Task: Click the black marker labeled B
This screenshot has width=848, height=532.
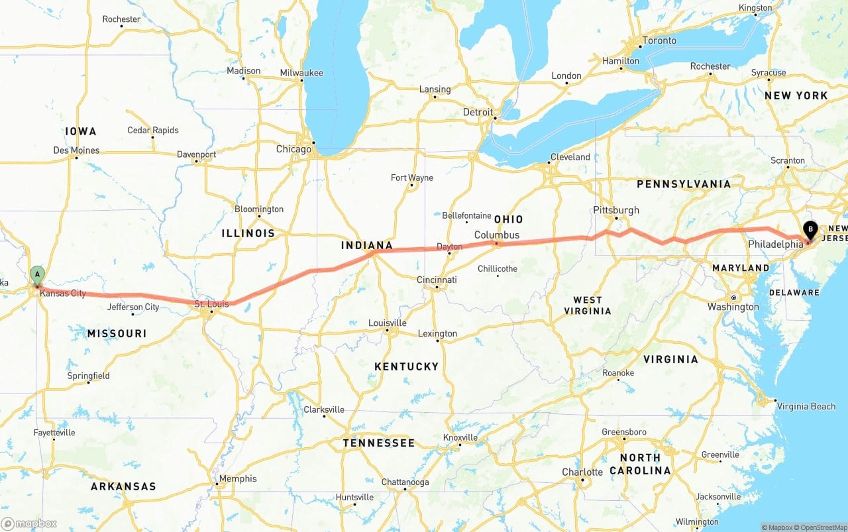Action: tap(810, 230)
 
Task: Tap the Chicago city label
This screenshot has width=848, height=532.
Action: tap(293, 149)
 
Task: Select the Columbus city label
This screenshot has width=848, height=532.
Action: tap(497, 235)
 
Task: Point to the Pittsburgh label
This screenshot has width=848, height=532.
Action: tap(616, 210)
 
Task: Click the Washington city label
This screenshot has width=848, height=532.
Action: tap(733, 307)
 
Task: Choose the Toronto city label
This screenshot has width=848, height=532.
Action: tap(659, 40)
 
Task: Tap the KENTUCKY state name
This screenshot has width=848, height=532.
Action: tap(406, 366)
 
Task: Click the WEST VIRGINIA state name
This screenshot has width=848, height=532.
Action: tap(588, 305)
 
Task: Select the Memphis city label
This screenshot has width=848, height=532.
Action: tap(238, 478)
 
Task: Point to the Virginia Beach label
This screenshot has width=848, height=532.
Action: tap(806, 406)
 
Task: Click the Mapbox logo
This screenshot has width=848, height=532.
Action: tap(29, 523)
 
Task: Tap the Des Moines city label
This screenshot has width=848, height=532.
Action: tap(76, 150)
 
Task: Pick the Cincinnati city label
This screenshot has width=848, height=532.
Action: tap(437, 280)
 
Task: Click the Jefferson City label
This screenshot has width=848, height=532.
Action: tap(133, 307)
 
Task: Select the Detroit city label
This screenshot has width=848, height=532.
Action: tap(478, 112)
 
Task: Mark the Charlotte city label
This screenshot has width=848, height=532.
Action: tap(582, 472)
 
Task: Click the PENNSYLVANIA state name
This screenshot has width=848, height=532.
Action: tap(684, 184)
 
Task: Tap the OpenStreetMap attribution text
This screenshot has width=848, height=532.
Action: tap(820, 527)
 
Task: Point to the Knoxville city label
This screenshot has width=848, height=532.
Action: tap(460, 437)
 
